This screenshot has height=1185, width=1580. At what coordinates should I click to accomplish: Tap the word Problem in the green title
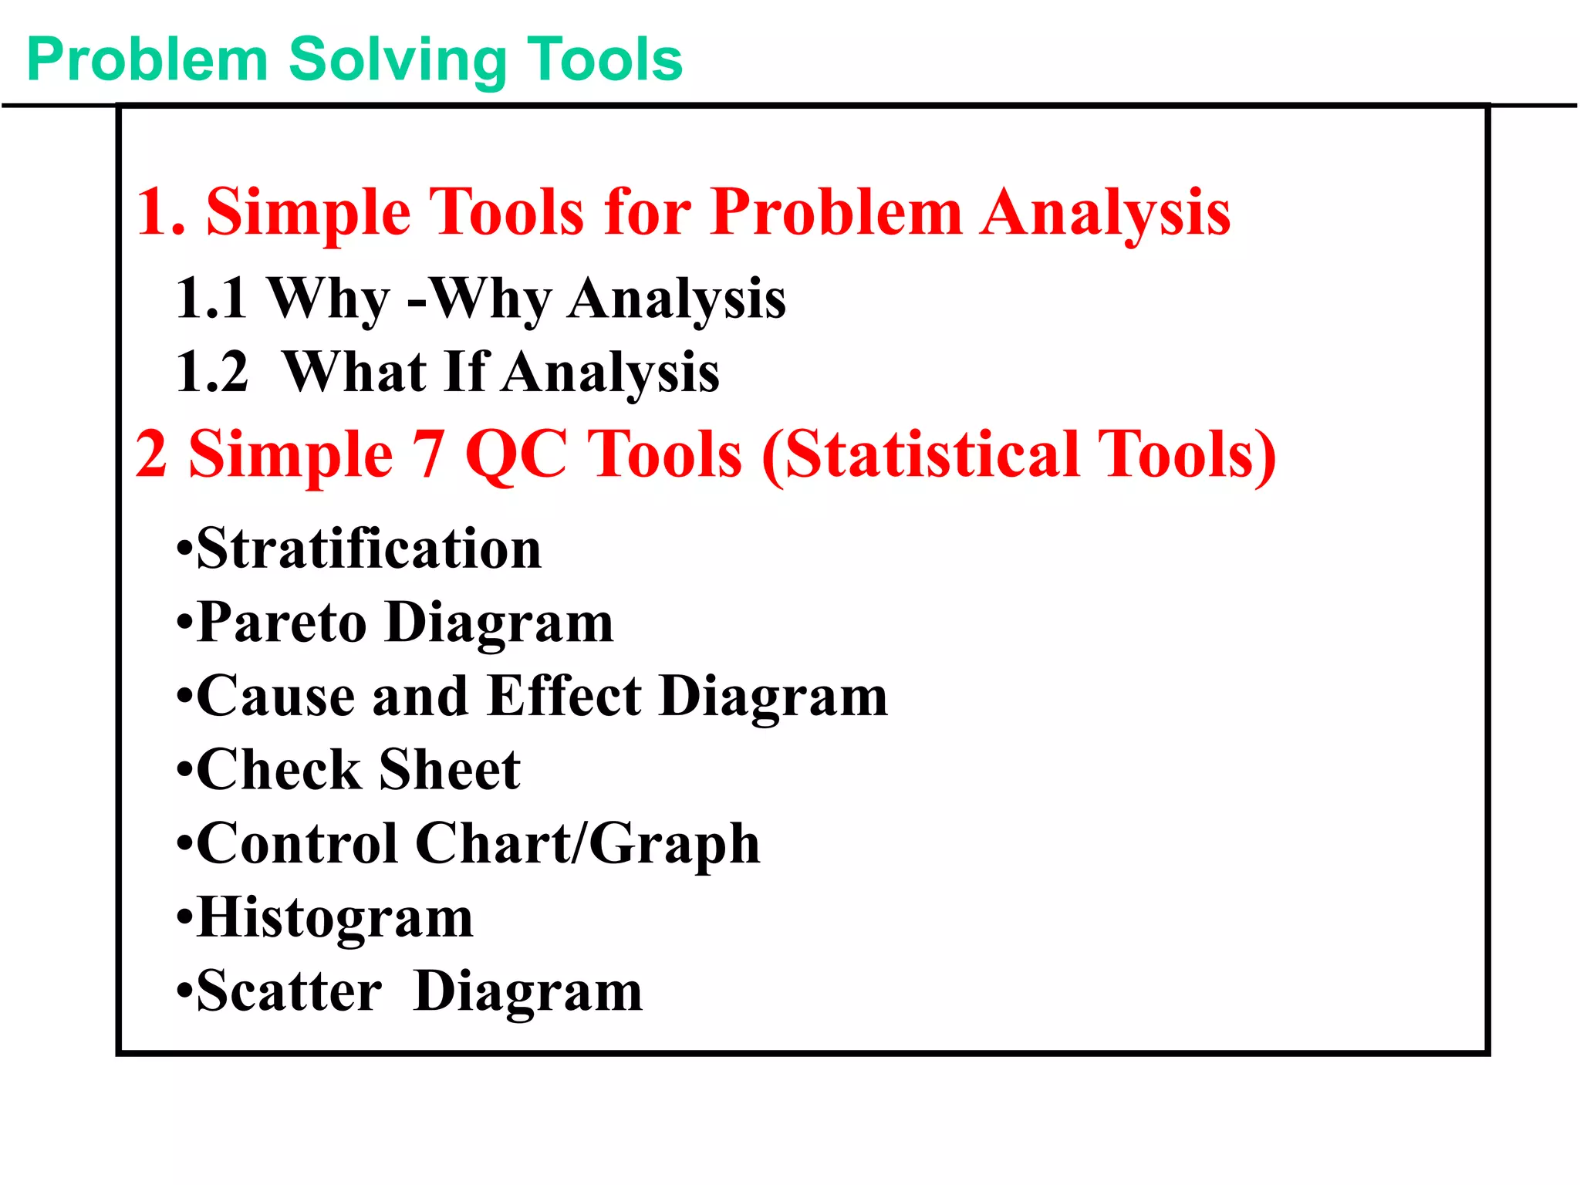147,60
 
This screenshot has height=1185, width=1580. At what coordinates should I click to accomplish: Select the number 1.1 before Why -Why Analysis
211,299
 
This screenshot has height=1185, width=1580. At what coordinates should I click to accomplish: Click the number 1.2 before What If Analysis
212,373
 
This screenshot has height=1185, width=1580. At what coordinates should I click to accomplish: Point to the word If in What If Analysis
466,372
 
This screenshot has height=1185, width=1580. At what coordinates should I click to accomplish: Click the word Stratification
369,549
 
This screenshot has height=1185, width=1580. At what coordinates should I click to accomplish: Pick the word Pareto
282,622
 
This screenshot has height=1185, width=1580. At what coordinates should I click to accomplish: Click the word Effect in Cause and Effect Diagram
565,696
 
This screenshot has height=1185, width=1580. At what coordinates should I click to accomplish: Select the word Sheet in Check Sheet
450,770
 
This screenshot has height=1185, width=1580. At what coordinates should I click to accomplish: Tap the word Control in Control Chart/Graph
298,843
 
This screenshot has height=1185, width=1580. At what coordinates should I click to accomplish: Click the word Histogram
336,917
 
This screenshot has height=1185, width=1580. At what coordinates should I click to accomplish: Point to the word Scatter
289,991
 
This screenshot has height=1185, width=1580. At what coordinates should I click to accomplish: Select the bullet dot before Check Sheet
184,771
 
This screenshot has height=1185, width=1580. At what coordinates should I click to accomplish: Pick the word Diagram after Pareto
500,623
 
